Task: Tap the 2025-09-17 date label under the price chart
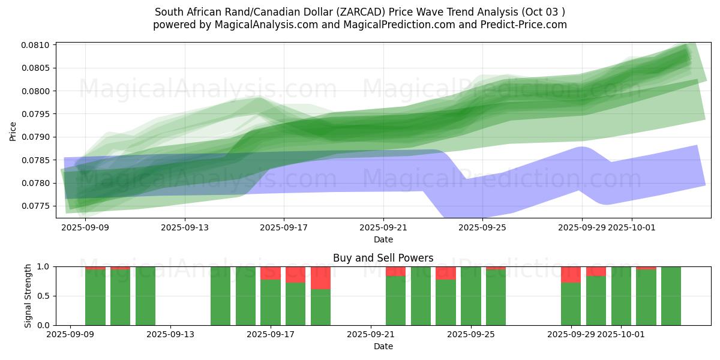pos(284,227)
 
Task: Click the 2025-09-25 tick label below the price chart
pos(482,227)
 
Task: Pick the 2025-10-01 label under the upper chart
pos(631,227)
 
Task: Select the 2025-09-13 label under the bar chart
pos(170,335)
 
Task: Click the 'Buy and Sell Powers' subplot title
pos(383,258)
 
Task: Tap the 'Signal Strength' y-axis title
pos(28,296)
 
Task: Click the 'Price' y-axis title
pos(13,130)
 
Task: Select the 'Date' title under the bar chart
pos(383,346)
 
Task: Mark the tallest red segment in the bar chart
pos(321,278)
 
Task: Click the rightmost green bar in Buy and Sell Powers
pos(671,296)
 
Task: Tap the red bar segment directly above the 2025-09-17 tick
pos(271,273)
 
